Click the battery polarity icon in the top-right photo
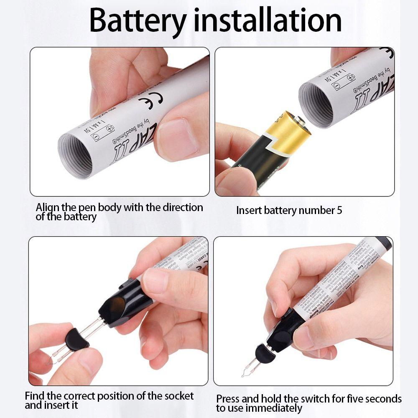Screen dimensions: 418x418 pos(343,81)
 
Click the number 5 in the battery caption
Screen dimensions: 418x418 pos(339,210)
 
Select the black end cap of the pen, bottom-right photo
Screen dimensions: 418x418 pos(383,243)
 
